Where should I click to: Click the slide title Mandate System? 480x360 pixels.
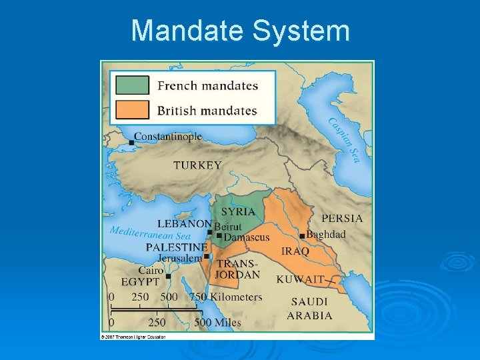[240, 31]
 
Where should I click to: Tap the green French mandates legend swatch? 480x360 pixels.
[132, 85]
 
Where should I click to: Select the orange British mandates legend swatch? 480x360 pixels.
[132, 109]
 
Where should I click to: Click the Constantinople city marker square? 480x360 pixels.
[132, 142]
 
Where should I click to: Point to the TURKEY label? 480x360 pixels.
[197, 165]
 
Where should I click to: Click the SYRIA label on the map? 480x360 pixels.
[238, 211]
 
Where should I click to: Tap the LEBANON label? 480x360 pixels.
[184, 224]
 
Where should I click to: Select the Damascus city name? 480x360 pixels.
[247, 237]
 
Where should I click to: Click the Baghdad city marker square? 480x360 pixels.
[302, 236]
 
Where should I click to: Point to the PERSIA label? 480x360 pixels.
[342, 218]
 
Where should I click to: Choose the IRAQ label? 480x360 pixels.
[295, 251]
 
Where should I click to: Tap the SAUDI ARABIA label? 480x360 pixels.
[309, 309]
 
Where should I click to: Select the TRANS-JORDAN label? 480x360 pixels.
[237, 269]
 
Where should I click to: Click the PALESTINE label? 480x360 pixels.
[176, 247]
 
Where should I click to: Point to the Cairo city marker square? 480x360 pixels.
[168, 275]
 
